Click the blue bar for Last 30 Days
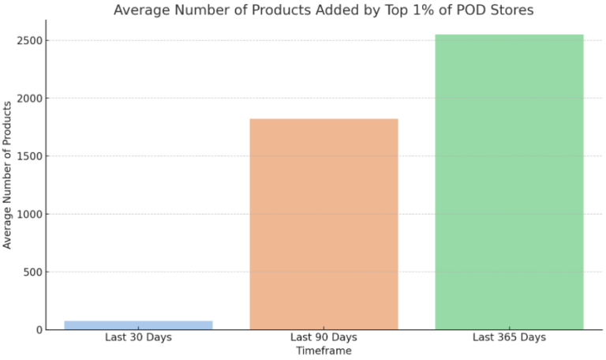coord(138,324)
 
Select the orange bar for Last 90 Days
coord(324,224)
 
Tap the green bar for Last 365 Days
coord(509,182)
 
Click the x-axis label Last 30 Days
coord(138,338)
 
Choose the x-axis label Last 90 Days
coord(324,338)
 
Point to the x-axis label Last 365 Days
coord(509,338)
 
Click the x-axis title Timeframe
coord(324,351)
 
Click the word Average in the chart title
coord(143,11)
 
